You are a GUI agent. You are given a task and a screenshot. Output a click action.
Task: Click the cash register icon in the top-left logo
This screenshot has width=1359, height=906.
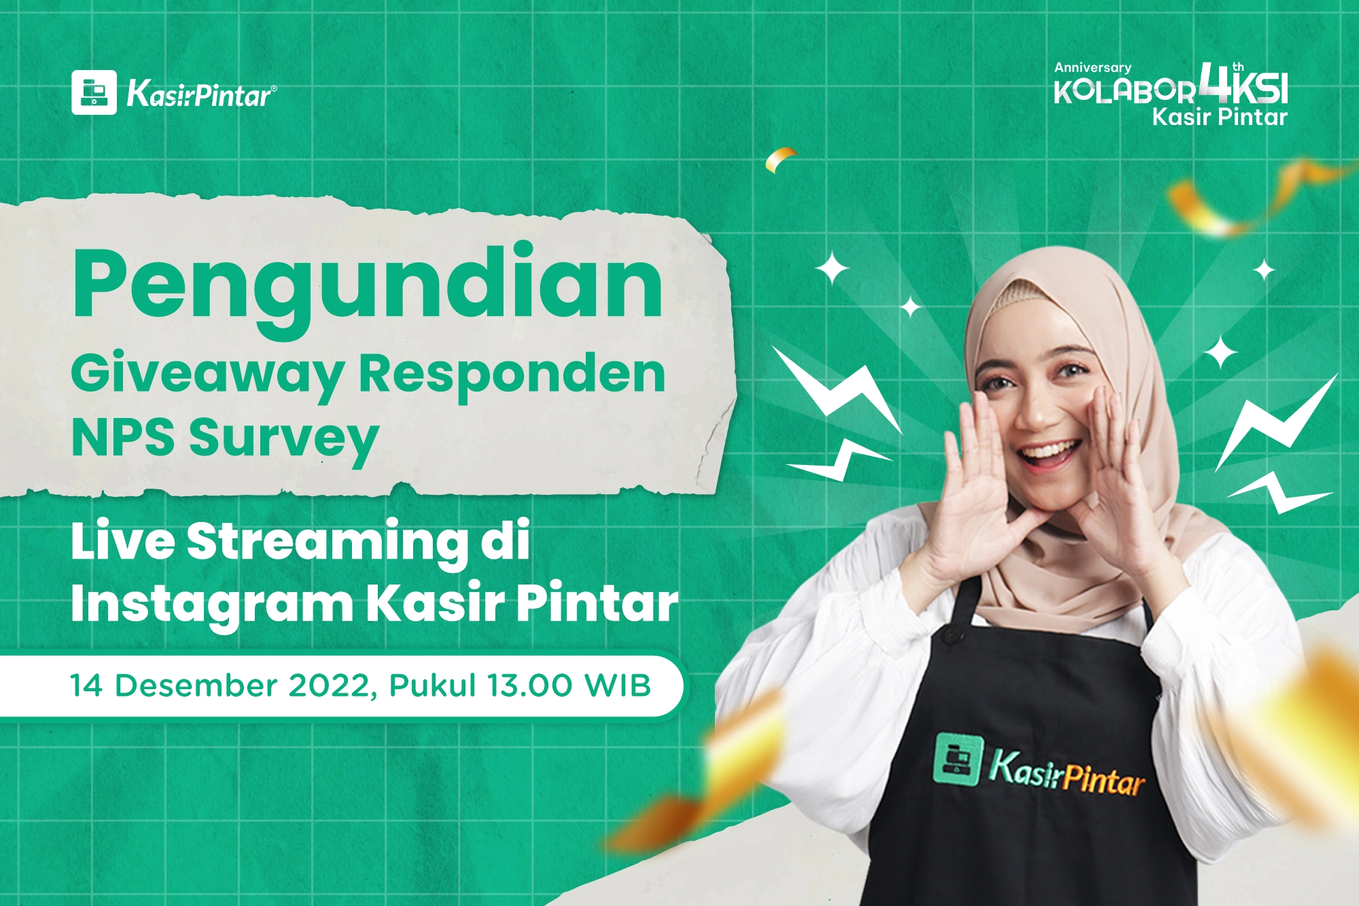coord(94,92)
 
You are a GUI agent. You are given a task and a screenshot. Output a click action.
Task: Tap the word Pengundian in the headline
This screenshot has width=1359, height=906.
coord(367,284)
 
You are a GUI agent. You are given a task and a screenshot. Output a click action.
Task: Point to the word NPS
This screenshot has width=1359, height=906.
coord(122,437)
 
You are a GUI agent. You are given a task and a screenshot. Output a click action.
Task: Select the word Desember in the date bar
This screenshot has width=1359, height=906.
coord(196,685)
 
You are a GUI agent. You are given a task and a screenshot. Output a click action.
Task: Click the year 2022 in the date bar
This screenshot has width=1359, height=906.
coord(328,685)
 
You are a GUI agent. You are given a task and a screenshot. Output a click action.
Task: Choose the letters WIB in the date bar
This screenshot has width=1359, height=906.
coord(618,685)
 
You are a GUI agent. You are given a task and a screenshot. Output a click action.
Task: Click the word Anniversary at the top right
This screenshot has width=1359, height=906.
coord(1093,67)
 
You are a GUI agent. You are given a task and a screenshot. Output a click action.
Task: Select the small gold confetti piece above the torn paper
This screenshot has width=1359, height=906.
coord(781,159)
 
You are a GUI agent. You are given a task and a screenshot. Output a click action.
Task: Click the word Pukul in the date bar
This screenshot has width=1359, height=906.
coord(432,685)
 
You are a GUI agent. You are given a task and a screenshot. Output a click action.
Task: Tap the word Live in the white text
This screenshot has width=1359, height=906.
coord(122,542)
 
